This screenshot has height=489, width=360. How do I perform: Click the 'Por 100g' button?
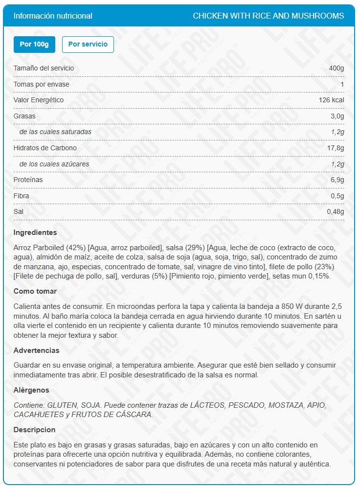(34, 45)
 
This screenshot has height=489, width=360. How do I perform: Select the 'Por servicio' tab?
(88, 45)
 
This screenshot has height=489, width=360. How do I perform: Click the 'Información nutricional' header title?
(53, 16)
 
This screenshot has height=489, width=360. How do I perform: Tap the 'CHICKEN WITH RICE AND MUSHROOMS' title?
(268, 16)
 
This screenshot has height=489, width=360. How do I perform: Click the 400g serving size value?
(337, 69)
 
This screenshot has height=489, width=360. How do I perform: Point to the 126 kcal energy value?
(331, 100)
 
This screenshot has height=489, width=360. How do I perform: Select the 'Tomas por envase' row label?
(42, 85)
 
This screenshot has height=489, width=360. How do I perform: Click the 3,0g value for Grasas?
(337, 116)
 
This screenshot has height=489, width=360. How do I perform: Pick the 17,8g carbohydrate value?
(335, 148)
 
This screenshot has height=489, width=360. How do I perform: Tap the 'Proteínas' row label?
(28, 180)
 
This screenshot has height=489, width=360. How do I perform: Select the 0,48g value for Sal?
(336, 212)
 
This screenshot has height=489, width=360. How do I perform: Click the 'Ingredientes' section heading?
(35, 233)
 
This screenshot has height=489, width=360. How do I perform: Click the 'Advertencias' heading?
(37, 350)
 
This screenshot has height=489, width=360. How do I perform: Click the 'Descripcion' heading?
(35, 430)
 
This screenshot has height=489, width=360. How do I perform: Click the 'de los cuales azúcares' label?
(54, 164)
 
